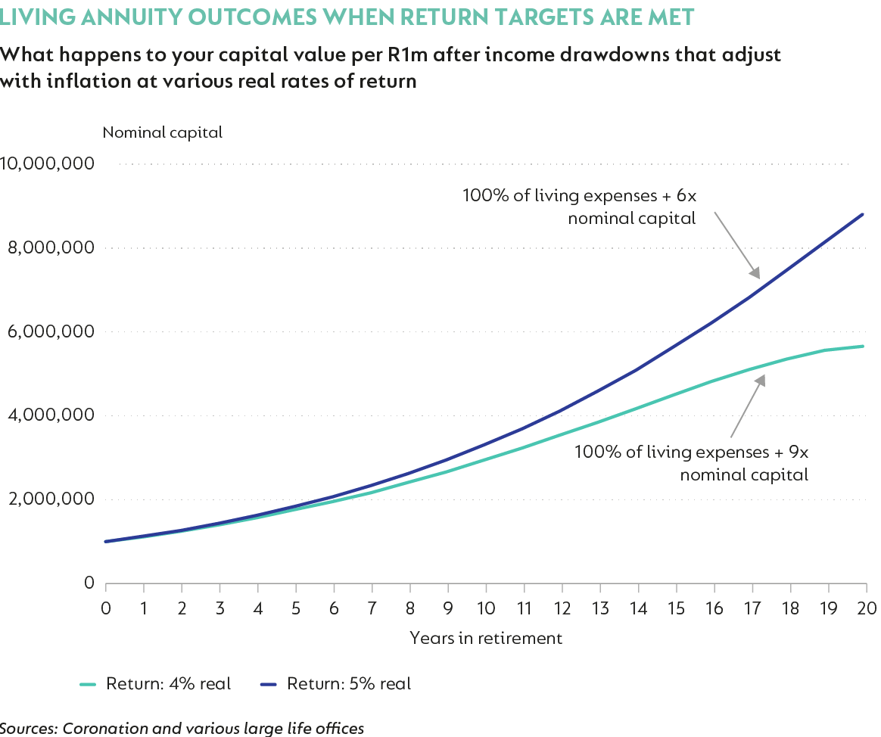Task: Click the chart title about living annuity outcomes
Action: pos(347,17)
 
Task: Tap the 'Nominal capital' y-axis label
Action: pos(162,132)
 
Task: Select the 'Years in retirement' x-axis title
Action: pos(486,638)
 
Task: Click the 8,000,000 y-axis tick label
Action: pos(51,248)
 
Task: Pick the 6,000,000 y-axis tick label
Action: pos(51,331)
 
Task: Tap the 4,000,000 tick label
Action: pos(51,415)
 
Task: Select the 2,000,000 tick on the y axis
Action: pos(51,499)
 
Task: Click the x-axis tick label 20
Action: pos(866,609)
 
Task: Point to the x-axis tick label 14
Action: pos(638,609)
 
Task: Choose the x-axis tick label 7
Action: pos(372,609)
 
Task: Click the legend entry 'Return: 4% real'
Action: pos(155,684)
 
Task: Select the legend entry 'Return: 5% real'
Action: pos(336,684)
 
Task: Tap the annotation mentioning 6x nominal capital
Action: pos(579,206)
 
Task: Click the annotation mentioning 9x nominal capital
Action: pos(692,463)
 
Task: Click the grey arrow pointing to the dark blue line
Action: pos(736,244)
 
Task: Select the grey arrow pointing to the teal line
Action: pos(747,405)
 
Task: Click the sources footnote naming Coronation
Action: pos(182,728)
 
